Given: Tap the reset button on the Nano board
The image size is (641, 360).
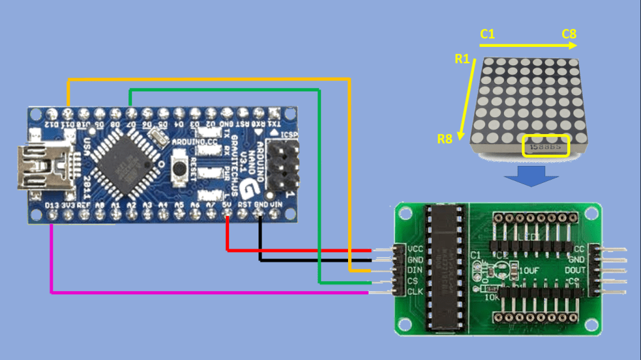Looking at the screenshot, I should click(180, 168).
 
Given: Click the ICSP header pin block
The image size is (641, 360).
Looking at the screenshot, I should click(283, 166).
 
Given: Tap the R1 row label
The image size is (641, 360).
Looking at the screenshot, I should click(462, 59).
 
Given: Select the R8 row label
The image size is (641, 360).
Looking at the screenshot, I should click(444, 139).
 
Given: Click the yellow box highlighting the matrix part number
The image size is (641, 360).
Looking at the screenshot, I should click(546, 146).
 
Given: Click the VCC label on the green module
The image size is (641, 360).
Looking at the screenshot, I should click(415, 249).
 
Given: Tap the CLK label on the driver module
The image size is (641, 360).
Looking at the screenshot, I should click(415, 292).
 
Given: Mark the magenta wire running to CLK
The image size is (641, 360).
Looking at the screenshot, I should click(188, 292).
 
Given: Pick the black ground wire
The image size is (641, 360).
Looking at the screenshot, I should click(313, 259).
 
